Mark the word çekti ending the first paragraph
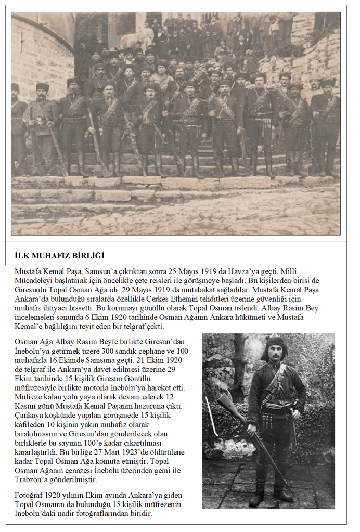coord(153,327)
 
